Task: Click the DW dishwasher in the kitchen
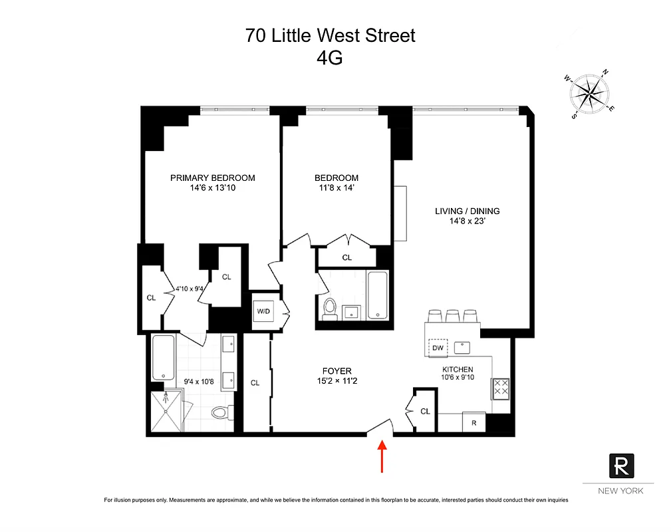pyautogui.click(x=438, y=348)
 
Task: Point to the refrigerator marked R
pyautogui.click(x=473, y=423)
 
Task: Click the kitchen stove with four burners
pyautogui.click(x=500, y=388)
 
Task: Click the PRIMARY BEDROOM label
pyautogui.click(x=213, y=178)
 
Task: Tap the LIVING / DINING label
pyautogui.click(x=467, y=211)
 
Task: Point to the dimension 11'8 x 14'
pyautogui.click(x=336, y=188)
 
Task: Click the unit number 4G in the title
pyautogui.click(x=331, y=58)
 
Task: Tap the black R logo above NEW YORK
pyautogui.click(x=621, y=465)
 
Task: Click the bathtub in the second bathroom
pyautogui.click(x=377, y=295)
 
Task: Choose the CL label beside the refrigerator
pyautogui.click(x=426, y=412)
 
